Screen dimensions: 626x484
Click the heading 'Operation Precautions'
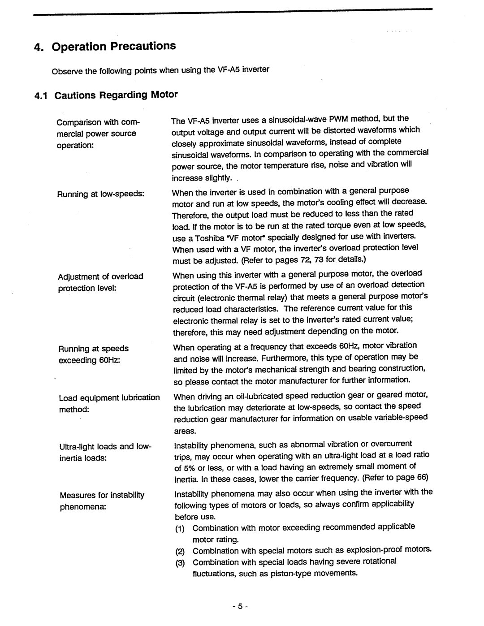(114, 47)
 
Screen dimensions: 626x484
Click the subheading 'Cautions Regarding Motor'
(116, 95)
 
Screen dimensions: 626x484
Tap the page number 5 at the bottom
(240, 606)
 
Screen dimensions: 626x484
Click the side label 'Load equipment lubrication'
(109, 398)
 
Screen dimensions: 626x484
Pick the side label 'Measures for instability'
(102, 495)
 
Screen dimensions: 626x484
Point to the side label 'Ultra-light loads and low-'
(106, 447)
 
